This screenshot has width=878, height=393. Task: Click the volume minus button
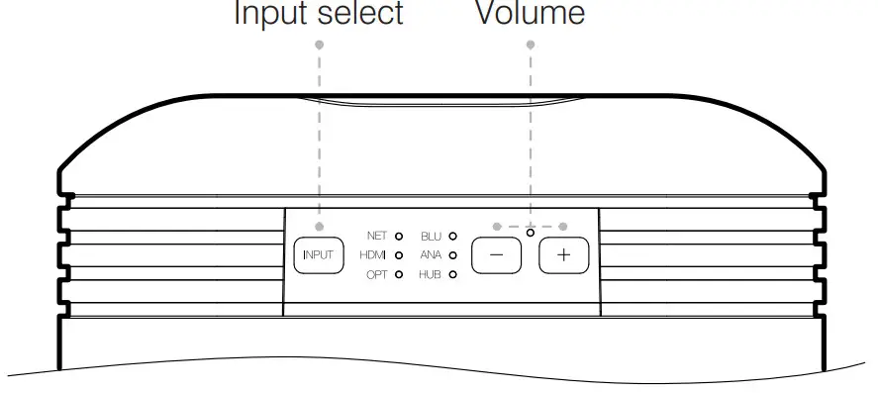(x=496, y=255)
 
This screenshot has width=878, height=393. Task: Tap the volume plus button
(x=563, y=255)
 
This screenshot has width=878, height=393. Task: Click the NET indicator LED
(x=399, y=237)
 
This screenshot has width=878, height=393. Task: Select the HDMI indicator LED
(x=399, y=255)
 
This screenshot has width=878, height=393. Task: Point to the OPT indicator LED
(x=399, y=274)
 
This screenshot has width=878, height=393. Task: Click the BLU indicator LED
(x=452, y=237)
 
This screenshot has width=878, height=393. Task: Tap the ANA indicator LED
(x=452, y=255)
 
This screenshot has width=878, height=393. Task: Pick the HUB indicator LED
(x=452, y=274)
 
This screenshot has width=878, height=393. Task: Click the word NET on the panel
(x=377, y=237)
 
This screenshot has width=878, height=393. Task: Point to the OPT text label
(x=377, y=274)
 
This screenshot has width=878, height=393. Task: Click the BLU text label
(x=431, y=237)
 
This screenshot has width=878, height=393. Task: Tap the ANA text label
(x=431, y=255)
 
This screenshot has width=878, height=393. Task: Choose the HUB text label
(x=431, y=274)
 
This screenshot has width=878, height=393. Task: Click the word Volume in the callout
(x=531, y=13)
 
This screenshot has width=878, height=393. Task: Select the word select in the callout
(x=360, y=13)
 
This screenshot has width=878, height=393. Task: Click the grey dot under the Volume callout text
(x=531, y=44)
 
